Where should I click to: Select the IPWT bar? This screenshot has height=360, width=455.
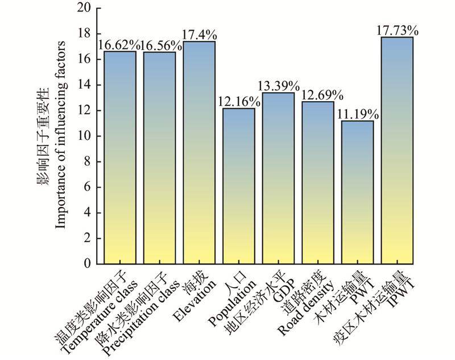[x=396, y=150]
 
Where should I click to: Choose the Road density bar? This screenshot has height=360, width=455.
[x=317, y=183]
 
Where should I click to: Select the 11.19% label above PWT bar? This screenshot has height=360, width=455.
[x=357, y=114]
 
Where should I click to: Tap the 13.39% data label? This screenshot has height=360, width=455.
[x=278, y=86]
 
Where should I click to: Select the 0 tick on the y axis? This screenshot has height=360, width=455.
[x=87, y=264]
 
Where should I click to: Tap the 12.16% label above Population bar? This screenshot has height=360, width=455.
[x=238, y=101]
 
